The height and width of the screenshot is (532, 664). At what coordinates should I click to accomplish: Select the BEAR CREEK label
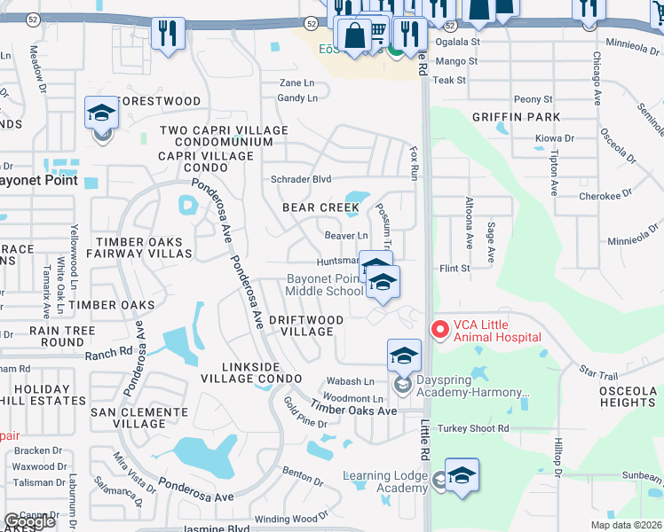(320, 207)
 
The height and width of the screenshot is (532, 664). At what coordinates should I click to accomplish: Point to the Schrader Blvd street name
(301, 178)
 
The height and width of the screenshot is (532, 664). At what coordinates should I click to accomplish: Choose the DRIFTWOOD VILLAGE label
(306, 325)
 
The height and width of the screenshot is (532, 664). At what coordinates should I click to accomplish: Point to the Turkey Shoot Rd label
(478, 428)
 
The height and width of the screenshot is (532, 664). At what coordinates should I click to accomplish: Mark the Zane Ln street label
(296, 82)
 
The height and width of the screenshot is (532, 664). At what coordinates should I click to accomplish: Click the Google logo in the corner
(29, 521)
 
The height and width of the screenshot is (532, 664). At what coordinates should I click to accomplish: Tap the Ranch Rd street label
(108, 354)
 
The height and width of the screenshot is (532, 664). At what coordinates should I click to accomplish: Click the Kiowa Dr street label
(556, 138)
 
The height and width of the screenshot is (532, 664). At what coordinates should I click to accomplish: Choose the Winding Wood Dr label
(285, 519)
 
